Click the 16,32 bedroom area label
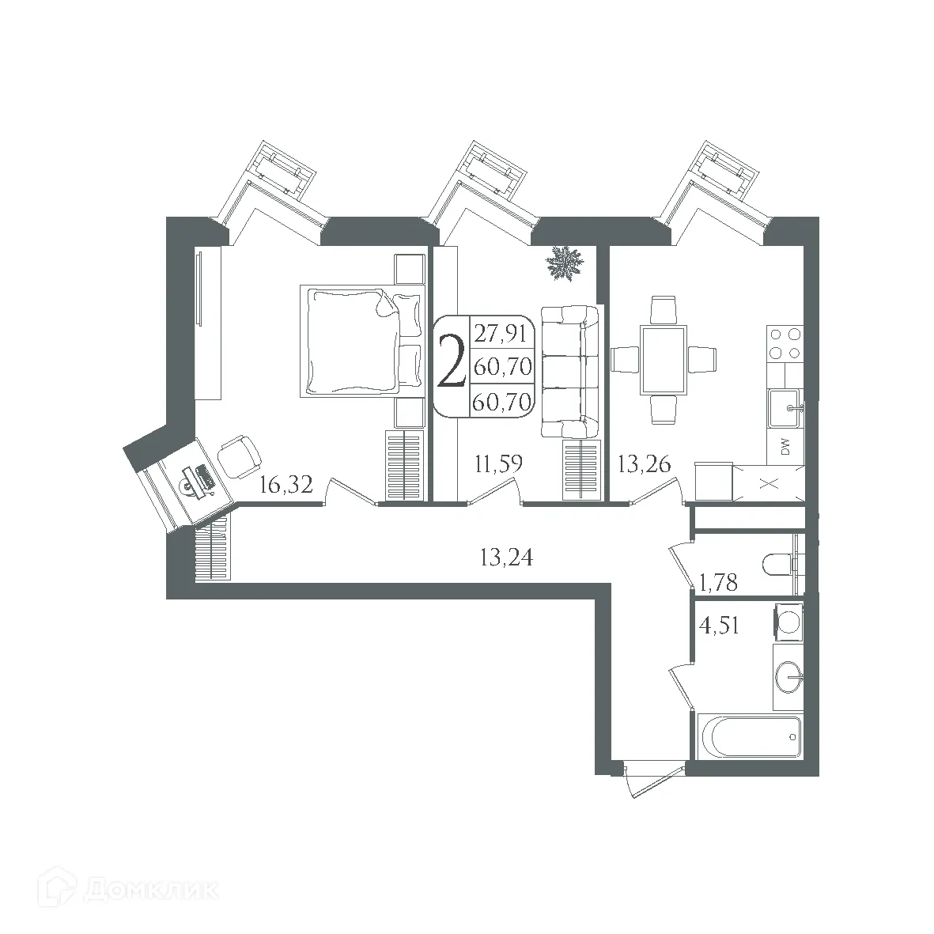coord(286,486)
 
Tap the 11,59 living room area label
coord(497,463)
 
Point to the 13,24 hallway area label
coord(506,558)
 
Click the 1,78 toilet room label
coord(719,584)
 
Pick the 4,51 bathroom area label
coord(719,626)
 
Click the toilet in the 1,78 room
coord(779,565)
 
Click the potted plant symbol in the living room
coord(565,263)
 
